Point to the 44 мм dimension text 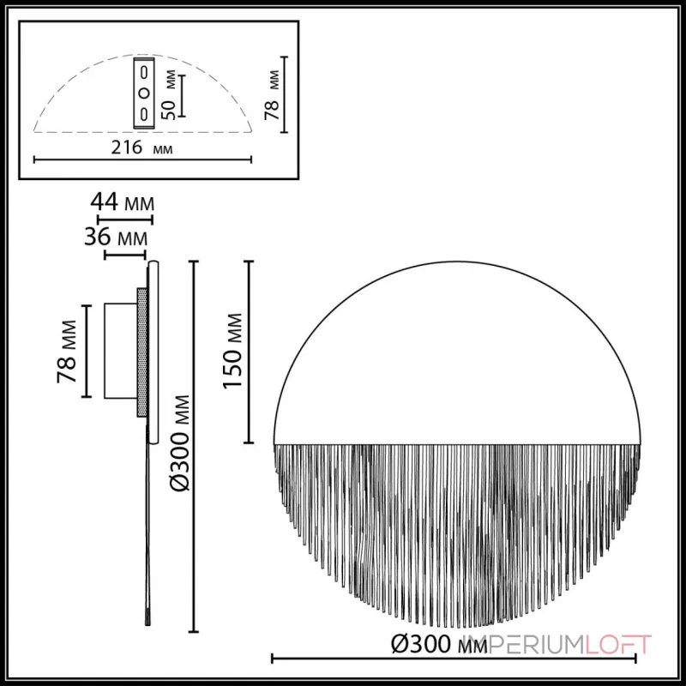(123, 204)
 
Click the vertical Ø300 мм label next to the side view (179, 442)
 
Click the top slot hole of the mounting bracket (145, 71)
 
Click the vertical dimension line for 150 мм (249, 352)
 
